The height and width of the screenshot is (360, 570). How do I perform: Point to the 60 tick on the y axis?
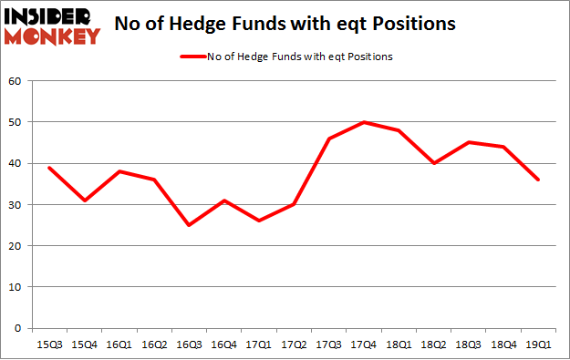[x=16, y=81]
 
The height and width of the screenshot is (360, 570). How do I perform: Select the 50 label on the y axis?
[x=16, y=122]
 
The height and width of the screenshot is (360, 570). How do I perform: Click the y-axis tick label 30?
[x=16, y=205]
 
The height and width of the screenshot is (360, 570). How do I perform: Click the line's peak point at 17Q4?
[x=363, y=122]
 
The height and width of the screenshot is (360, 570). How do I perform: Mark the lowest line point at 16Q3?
[x=189, y=225]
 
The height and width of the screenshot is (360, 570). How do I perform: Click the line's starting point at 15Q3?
[x=48, y=168]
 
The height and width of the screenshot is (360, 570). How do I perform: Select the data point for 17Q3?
[x=328, y=139]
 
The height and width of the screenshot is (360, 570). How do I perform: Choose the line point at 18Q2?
[x=433, y=163]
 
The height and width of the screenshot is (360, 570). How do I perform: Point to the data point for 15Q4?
[x=84, y=201]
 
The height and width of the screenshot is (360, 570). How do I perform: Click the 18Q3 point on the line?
[x=468, y=142]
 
